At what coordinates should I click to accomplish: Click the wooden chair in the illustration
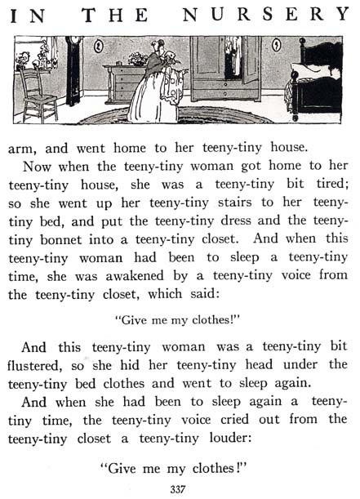[37, 94]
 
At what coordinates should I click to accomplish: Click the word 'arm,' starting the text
[23, 149]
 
